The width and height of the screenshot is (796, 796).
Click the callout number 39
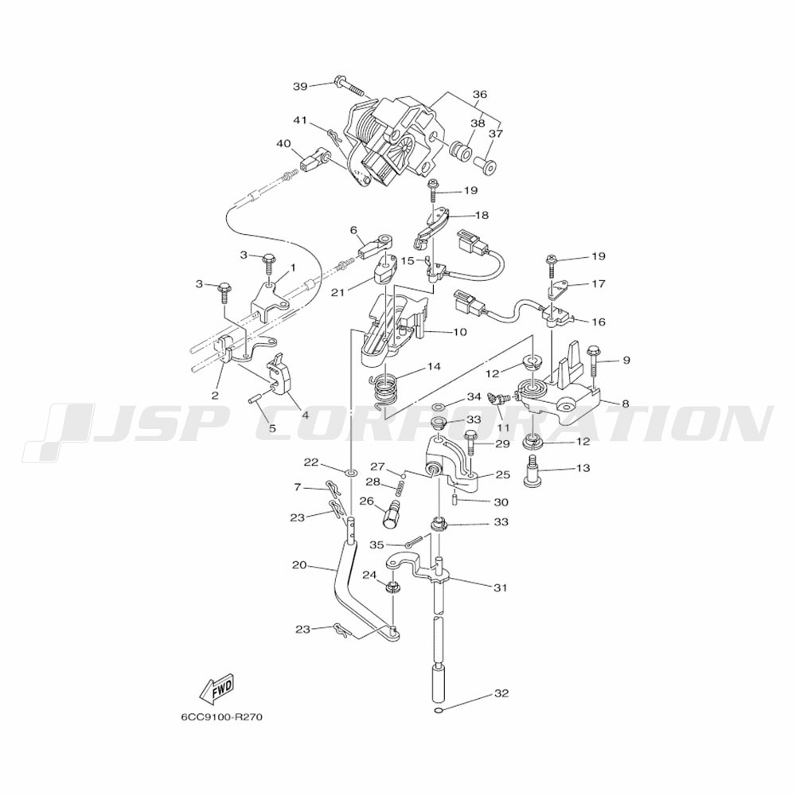[299, 86]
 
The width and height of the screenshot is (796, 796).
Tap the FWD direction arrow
[217, 689]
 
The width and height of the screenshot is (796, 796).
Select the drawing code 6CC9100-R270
[221, 716]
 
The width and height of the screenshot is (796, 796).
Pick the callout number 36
[479, 94]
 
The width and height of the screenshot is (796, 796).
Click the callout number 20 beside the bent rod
[299, 565]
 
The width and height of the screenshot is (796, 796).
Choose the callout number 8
[625, 404]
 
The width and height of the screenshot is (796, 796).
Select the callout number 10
[460, 332]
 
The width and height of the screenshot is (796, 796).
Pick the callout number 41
[299, 120]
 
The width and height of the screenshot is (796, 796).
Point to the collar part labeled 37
[485, 164]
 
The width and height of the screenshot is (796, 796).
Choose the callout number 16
[598, 322]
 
